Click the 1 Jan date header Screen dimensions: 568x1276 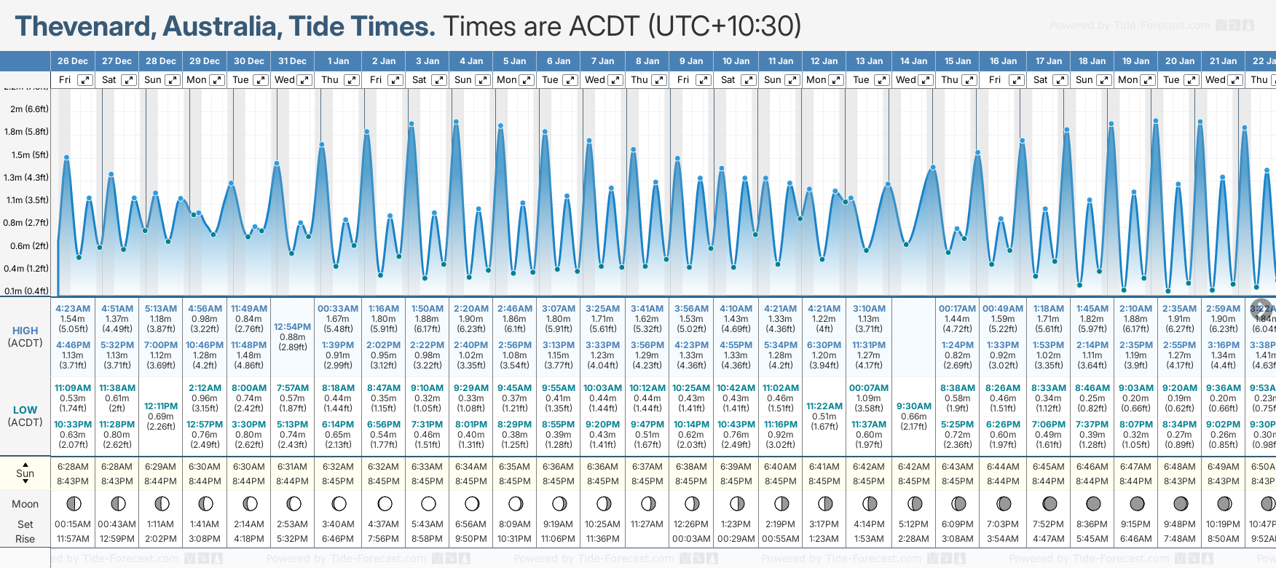tap(338, 61)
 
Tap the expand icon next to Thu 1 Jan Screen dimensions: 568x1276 tap(352, 80)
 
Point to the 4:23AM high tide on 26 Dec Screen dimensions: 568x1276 tap(73, 309)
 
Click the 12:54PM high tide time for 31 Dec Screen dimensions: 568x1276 tap(293, 327)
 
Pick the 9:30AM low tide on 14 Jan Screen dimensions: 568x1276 tap(914, 406)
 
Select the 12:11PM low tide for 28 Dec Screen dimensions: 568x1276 tap(161, 406)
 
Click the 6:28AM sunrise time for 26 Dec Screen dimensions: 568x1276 tap(73, 467)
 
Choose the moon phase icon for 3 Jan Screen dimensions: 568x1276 tap(428, 503)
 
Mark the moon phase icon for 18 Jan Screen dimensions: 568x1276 tap(1092, 503)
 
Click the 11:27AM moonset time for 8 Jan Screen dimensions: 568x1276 tap(647, 524)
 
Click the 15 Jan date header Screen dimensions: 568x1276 tap(958, 61)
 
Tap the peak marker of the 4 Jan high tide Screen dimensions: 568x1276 tap(456, 122)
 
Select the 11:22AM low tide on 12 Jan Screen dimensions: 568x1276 tap(824, 406)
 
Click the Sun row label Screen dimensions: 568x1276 tap(25, 473)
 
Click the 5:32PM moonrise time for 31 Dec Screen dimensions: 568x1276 tap(293, 539)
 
